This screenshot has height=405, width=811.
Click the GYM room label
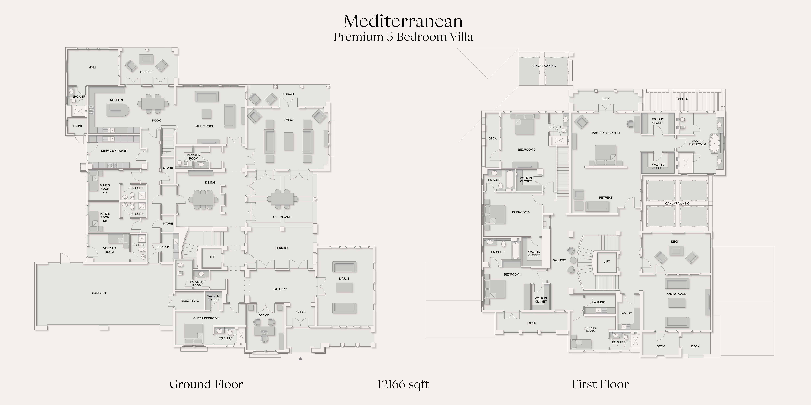(x=92, y=67)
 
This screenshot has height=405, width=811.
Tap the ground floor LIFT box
(x=211, y=257)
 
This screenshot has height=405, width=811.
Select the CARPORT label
(x=99, y=293)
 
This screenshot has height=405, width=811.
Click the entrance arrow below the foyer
(x=300, y=358)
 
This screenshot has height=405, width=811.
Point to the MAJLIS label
(x=344, y=279)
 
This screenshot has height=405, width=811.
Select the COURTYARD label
(x=282, y=217)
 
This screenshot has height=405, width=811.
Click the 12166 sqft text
(x=403, y=384)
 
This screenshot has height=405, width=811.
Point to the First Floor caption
(x=600, y=384)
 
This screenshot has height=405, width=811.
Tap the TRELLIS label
(x=682, y=99)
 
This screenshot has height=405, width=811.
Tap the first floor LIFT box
(x=607, y=261)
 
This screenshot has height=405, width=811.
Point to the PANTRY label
(x=626, y=313)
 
